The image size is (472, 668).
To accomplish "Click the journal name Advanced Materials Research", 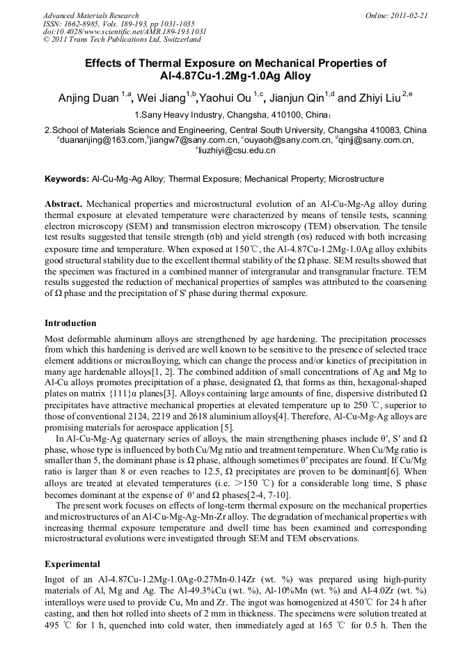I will click(91, 15).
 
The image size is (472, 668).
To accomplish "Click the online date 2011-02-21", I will click(410, 15).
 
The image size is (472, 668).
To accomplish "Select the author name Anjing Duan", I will click(89, 98).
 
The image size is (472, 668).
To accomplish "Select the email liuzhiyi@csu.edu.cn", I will click(237, 150).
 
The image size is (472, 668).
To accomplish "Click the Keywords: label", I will click(67, 179).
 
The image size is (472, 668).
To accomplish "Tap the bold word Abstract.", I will click(63, 204).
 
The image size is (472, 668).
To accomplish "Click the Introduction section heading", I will click(70, 323).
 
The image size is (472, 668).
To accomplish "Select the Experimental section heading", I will click(72, 564).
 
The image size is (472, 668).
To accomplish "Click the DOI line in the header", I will click(124, 32).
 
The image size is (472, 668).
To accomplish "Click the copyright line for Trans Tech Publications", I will click(111, 40).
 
